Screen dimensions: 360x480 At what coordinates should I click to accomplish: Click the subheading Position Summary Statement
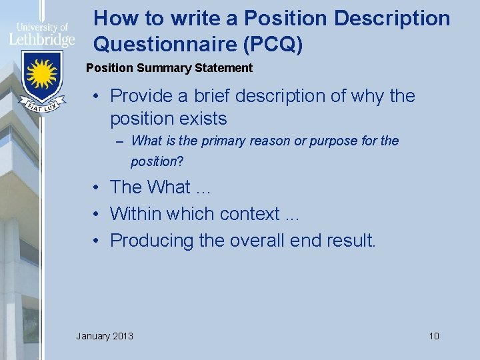pos(170,67)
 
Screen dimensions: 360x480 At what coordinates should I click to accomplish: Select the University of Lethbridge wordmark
pos(41,33)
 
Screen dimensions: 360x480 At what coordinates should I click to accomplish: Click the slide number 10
pos(434,335)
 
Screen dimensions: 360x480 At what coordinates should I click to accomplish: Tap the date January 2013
pos(105,335)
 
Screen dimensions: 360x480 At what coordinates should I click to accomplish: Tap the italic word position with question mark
pos(157,161)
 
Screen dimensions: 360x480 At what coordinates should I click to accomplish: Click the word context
pos(250,214)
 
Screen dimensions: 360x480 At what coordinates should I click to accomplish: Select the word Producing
pos(152,241)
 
